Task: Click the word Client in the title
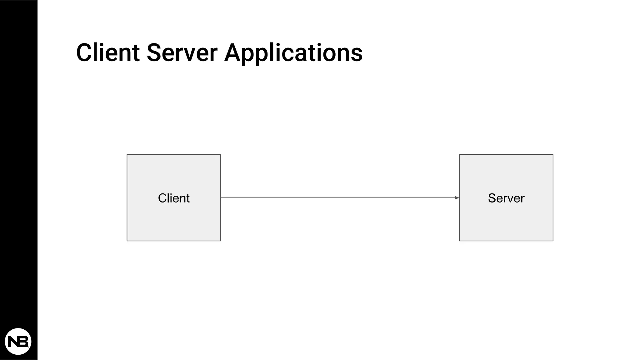click(x=108, y=52)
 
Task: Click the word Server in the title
click(x=182, y=52)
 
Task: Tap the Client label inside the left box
click(x=174, y=198)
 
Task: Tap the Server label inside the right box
click(x=506, y=198)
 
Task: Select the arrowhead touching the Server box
click(x=457, y=197)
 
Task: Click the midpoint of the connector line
click(x=340, y=197)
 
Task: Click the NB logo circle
click(x=18, y=341)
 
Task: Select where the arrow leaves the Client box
click(x=221, y=197)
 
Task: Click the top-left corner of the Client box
click(x=127, y=155)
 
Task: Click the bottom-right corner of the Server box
click(x=553, y=241)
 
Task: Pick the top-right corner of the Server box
click(x=553, y=155)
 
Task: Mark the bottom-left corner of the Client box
click(x=127, y=241)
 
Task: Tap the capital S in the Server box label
click(x=492, y=198)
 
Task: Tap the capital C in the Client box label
click(x=162, y=198)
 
